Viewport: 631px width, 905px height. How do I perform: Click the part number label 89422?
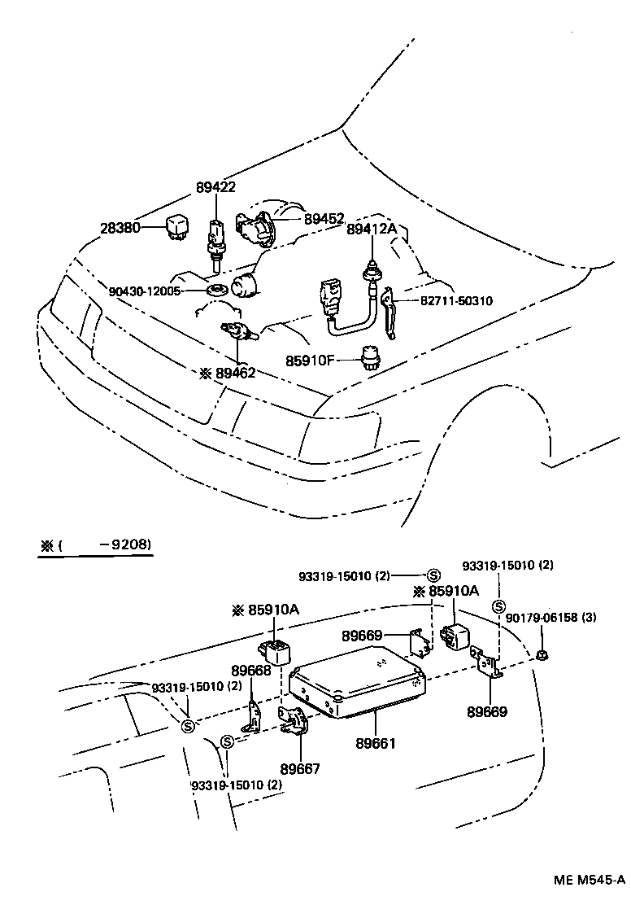click(x=215, y=187)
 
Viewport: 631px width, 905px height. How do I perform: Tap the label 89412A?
click(x=372, y=230)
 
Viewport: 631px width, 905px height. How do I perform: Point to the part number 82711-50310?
click(x=456, y=301)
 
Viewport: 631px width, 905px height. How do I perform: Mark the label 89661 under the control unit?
click(x=376, y=743)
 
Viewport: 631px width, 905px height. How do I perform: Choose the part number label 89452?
click(x=324, y=219)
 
